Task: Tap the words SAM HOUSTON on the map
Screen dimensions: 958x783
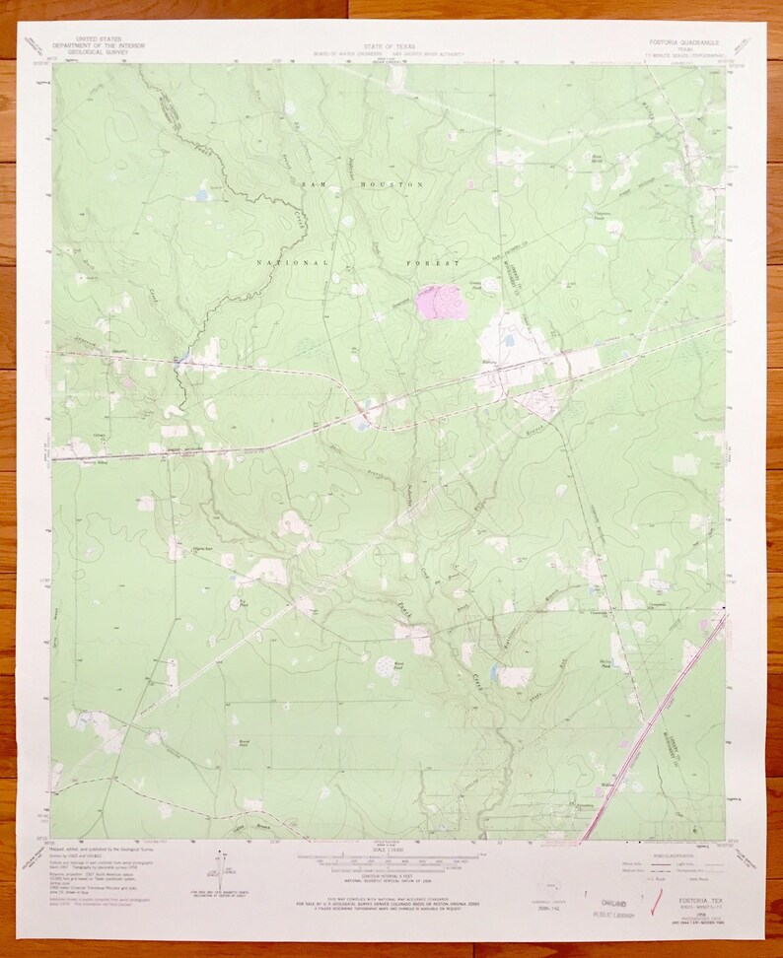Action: tap(362, 184)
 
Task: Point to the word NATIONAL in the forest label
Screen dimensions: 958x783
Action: tap(292, 263)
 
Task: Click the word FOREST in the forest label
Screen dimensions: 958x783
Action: tap(433, 264)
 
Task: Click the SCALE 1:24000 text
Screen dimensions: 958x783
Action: tap(391, 850)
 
